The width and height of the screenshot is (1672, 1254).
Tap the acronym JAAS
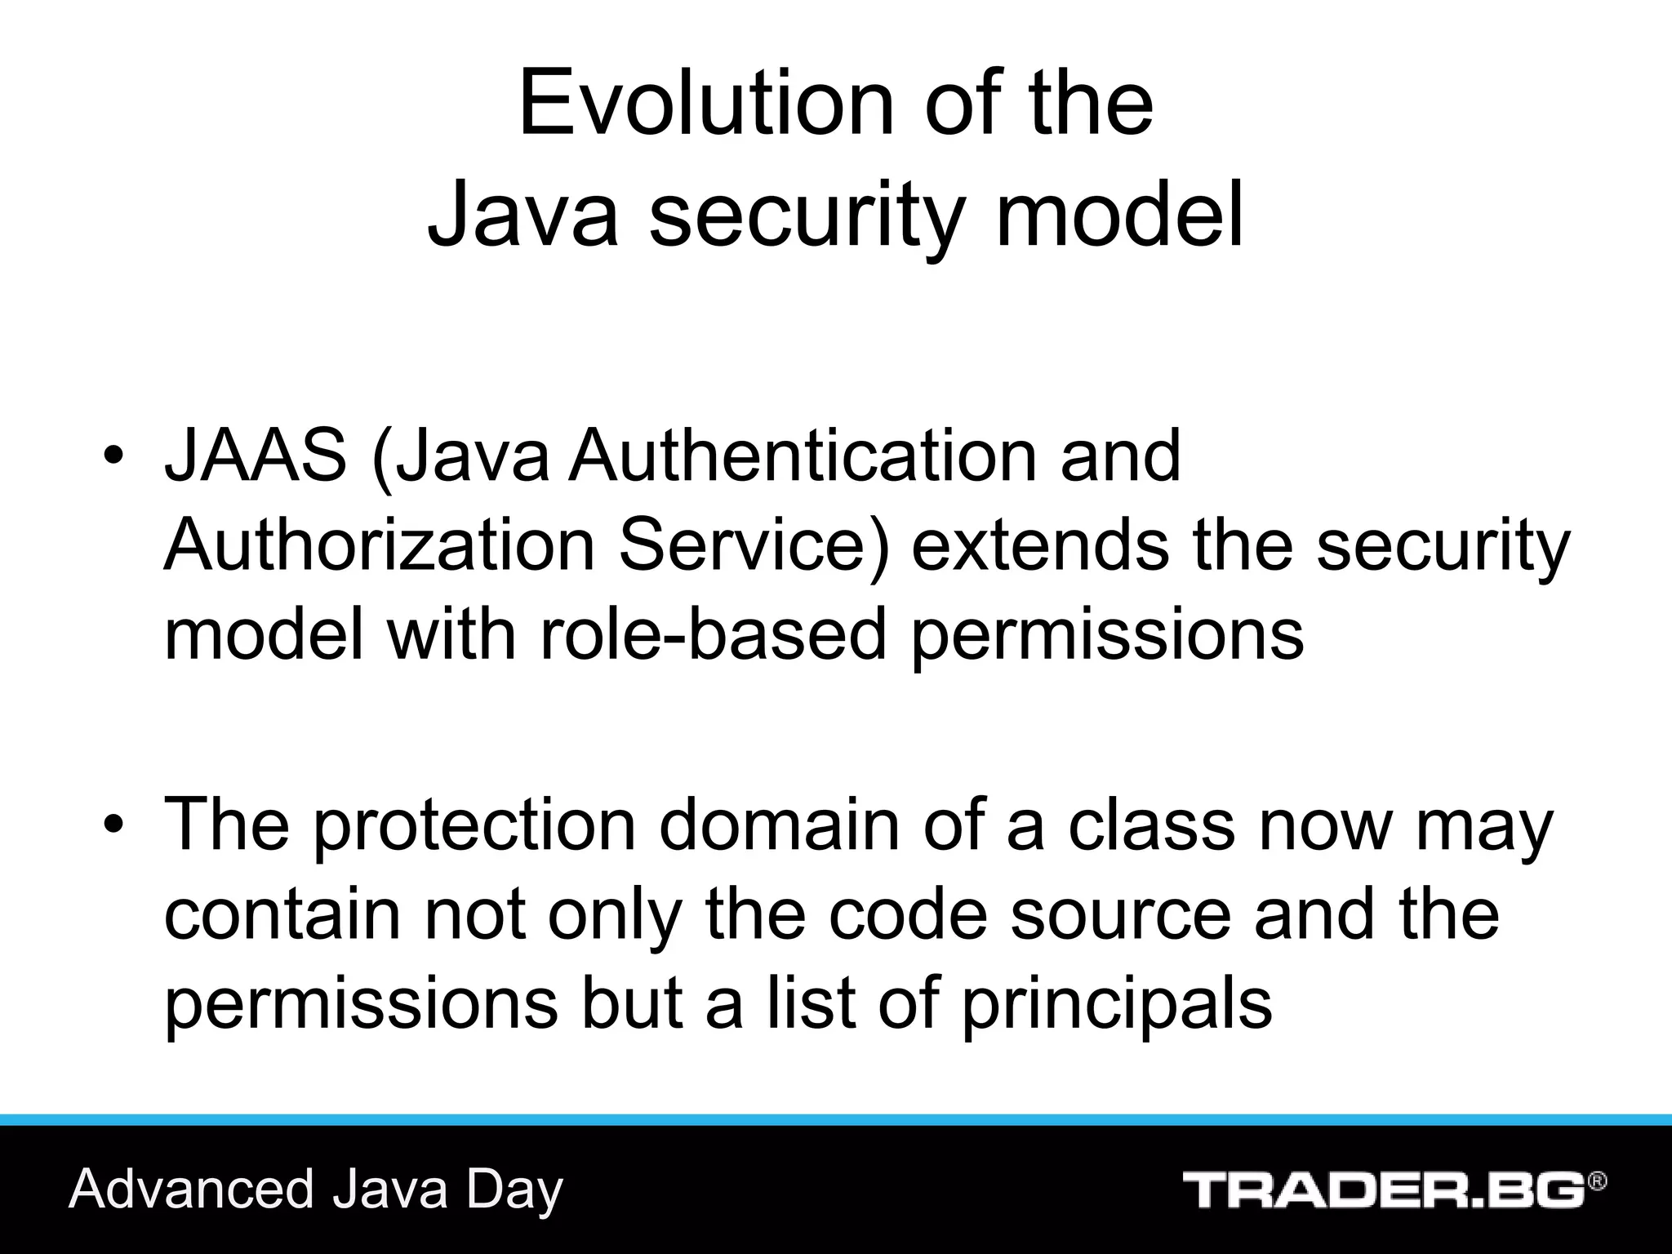256,456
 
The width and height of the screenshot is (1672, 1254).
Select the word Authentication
802,456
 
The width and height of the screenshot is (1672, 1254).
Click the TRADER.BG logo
1383,1190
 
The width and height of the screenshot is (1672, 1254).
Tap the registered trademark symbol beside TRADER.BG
1598,1181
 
